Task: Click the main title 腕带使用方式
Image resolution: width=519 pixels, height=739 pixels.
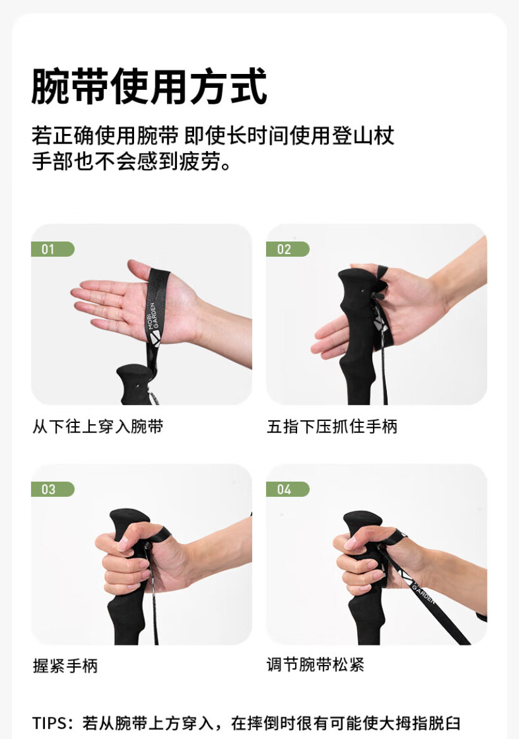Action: (x=149, y=86)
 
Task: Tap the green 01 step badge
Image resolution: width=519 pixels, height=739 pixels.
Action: (x=52, y=249)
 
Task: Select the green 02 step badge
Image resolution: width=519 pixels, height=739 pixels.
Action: (x=288, y=249)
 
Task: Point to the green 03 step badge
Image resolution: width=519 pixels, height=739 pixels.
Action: (x=52, y=489)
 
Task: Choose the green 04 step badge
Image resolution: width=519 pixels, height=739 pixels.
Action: (x=288, y=489)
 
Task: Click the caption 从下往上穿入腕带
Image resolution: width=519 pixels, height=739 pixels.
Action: (x=98, y=426)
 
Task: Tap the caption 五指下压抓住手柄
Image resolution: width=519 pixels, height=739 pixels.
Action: (x=333, y=426)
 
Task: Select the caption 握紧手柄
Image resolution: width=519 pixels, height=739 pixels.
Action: (x=65, y=666)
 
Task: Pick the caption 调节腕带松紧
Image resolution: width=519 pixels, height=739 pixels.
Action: (x=315, y=664)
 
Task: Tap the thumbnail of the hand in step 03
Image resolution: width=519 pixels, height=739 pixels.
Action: (x=123, y=544)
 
